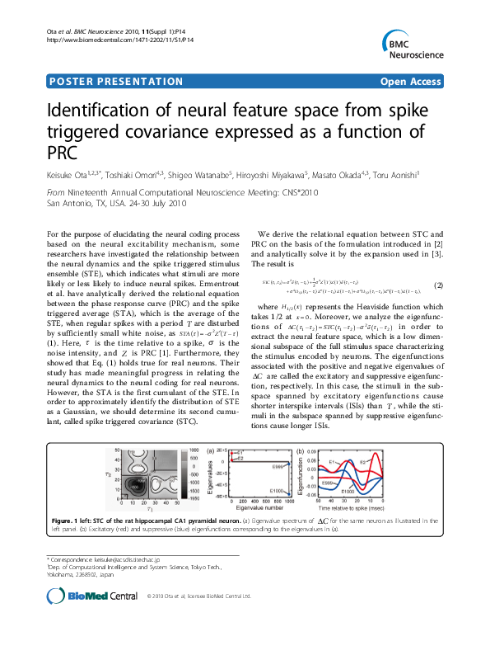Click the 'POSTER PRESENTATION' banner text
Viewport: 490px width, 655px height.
tap(116, 82)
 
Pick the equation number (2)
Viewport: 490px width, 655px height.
tap(438, 285)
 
